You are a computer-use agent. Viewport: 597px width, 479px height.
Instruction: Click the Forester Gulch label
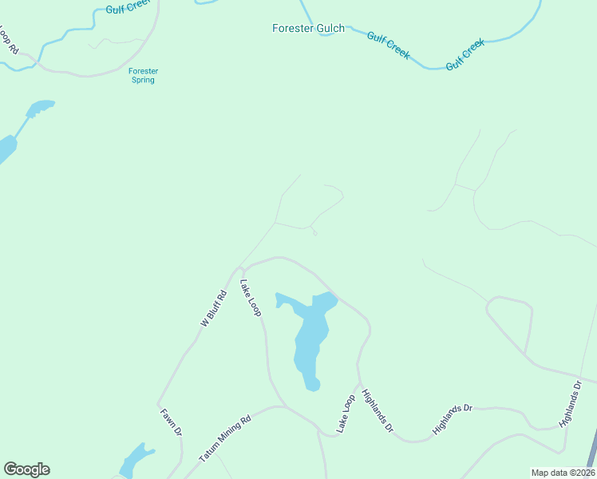[x=308, y=29]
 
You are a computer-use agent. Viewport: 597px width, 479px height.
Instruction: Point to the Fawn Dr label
[x=172, y=421]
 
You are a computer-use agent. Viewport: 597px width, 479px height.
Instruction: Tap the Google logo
[x=26, y=469]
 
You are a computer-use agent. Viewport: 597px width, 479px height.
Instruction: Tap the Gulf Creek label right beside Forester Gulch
[x=389, y=45]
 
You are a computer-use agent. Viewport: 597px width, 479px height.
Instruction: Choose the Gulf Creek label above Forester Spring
[x=128, y=10]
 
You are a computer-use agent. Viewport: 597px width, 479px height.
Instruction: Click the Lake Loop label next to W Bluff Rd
[x=251, y=297]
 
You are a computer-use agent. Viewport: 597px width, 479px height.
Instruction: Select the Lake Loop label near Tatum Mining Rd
[x=345, y=414]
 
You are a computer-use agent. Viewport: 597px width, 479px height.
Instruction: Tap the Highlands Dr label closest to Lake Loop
[x=378, y=410]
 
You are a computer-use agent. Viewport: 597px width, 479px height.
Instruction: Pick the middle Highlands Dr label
[x=453, y=419]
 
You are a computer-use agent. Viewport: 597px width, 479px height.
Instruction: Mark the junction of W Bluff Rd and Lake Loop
[x=240, y=269]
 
